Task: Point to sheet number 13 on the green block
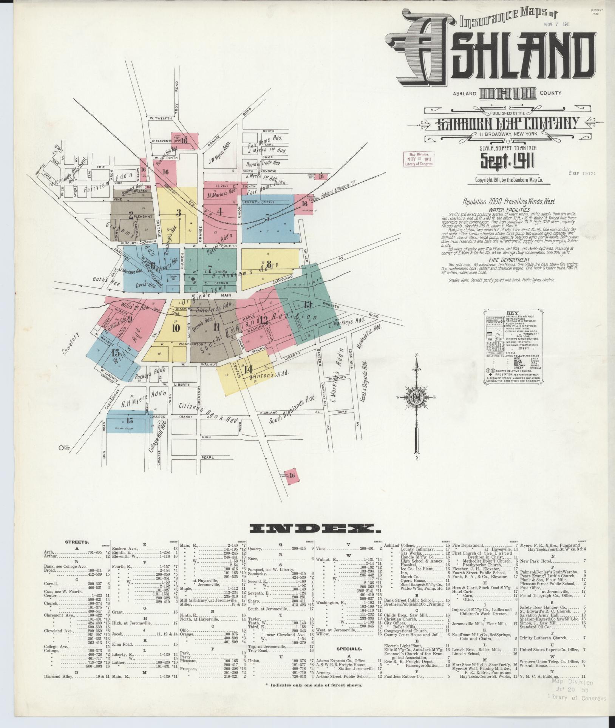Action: click(x=307, y=304)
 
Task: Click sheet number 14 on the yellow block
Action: click(x=248, y=369)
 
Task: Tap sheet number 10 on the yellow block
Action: click(x=176, y=328)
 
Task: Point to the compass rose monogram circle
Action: click(x=416, y=397)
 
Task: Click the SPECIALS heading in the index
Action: click(x=349, y=649)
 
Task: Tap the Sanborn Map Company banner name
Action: click(x=508, y=124)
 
